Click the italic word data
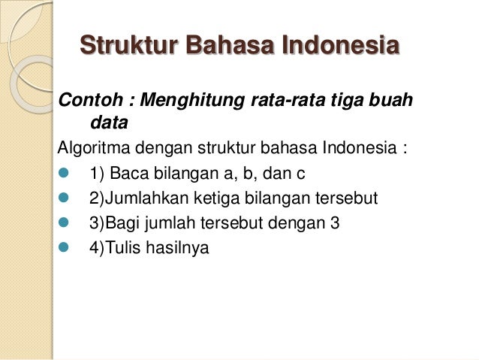(108, 122)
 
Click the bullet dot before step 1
(64, 174)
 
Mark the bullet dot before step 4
(64, 247)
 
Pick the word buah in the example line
(393, 100)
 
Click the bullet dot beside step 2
(64, 199)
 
